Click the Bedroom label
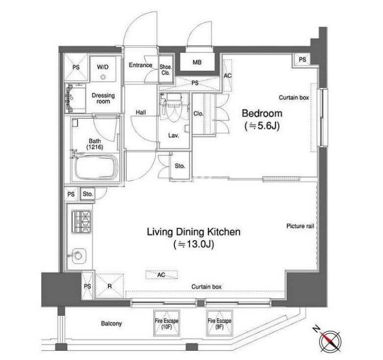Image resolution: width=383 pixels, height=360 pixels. click(262, 113)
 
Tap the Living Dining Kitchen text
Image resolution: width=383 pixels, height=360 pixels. click(194, 232)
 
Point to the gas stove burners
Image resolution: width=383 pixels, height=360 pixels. click(81, 222)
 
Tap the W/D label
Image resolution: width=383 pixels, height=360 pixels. click(103, 67)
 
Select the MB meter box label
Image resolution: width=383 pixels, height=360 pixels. click(197, 63)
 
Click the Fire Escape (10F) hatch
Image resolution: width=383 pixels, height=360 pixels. click(166, 323)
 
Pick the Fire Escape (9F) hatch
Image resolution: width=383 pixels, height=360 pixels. click(219, 323)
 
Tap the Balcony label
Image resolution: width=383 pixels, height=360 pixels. click(111, 324)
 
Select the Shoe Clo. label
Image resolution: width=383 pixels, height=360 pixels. click(166, 70)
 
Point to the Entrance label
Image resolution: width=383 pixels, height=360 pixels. click(141, 65)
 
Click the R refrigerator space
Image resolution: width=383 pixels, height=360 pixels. click(109, 286)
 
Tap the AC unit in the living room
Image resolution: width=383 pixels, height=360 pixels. click(161, 275)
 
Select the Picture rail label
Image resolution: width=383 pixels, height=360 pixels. click(300, 226)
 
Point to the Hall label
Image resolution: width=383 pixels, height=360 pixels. click(141, 112)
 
